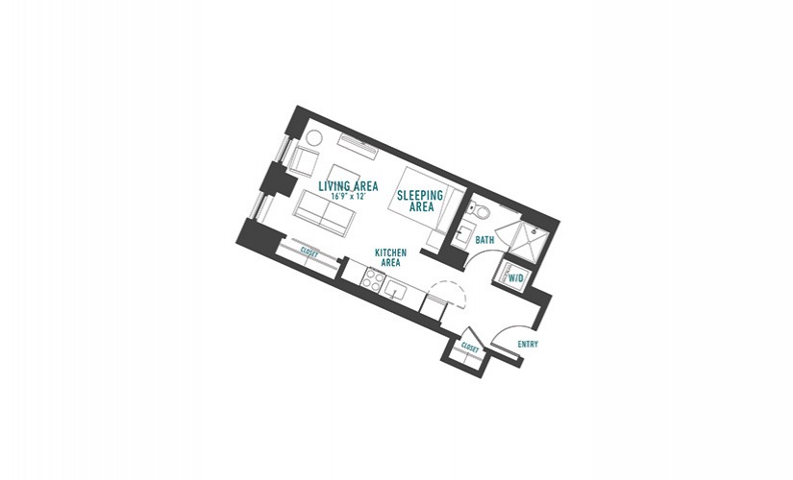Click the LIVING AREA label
click(x=348, y=186)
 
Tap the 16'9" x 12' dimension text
click(x=348, y=196)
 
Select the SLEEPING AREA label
click(x=420, y=201)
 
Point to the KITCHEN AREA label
click(x=390, y=257)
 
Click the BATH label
click(x=484, y=241)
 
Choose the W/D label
click(x=516, y=277)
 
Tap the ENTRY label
click(x=528, y=344)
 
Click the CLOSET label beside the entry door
click(x=470, y=348)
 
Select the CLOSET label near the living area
click(x=309, y=252)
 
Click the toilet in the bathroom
click(x=479, y=209)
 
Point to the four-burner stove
click(x=373, y=279)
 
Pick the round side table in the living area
click(x=312, y=138)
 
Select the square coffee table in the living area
click(x=345, y=177)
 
